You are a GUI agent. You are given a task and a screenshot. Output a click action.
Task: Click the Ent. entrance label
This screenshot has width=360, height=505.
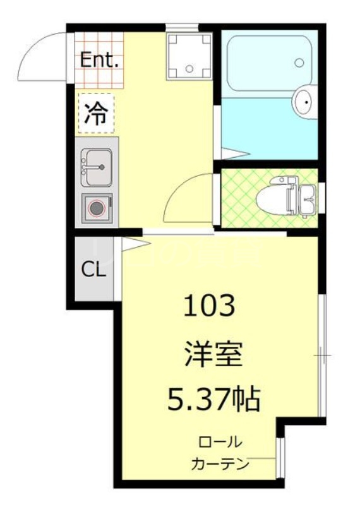click(100, 61)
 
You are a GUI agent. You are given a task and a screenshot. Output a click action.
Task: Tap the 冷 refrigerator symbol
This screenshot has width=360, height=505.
click(96, 114)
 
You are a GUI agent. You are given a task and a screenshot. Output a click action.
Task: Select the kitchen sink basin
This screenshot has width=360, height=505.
click(96, 165)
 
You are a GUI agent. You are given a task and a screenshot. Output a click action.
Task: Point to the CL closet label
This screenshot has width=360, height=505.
click(93, 270)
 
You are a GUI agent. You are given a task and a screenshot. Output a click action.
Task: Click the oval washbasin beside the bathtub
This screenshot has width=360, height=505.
click(304, 102)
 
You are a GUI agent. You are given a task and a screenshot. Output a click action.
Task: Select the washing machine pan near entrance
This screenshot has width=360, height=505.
click(188, 56)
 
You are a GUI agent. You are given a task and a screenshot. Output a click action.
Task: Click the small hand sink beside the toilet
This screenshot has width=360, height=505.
click(308, 196)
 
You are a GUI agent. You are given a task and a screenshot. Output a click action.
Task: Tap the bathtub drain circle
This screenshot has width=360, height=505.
click(299, 63)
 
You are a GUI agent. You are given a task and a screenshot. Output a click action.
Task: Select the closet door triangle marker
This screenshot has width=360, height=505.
click(134, 244)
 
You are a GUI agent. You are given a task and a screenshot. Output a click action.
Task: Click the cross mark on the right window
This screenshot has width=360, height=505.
click(322, 357)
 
